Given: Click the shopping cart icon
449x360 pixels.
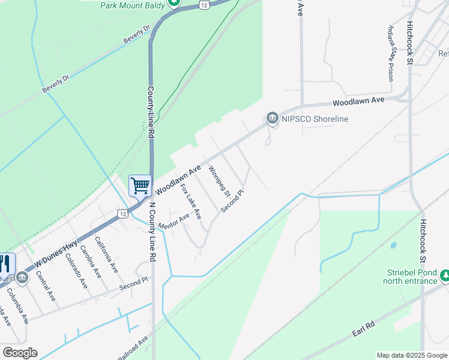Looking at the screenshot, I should point(140,186).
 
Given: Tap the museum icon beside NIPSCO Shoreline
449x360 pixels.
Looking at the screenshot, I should point(271,118).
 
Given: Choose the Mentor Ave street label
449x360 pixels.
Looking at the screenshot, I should point(175,221).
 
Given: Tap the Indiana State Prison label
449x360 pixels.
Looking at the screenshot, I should point(391,53).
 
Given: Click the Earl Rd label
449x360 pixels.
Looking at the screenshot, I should point(364,332).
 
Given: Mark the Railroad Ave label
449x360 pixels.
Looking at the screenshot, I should point(133,349).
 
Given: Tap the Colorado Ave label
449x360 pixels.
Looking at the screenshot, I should point(76,271).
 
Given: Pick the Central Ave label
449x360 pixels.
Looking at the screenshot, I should point(46,287).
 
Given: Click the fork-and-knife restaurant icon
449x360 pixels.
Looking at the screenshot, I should point(5,263).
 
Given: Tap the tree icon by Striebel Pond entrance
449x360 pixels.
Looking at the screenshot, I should point(445,275).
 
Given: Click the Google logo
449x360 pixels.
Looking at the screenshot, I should point(20,353).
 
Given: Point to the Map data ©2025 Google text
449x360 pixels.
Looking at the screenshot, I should point(411,355).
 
